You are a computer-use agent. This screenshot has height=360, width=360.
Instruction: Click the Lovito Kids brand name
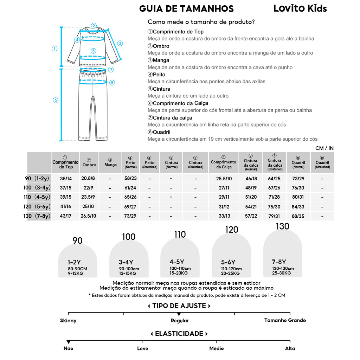(300, 8)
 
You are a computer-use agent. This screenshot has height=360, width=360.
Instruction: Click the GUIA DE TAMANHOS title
(186, 9)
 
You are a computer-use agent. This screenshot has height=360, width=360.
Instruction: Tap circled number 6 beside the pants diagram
(56, 100)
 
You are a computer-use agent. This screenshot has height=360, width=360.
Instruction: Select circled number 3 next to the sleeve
(120, 44)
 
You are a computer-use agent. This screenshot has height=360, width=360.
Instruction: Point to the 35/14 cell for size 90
(65, 179)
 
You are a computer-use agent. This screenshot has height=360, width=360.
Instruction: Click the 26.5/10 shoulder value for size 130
(89, 216)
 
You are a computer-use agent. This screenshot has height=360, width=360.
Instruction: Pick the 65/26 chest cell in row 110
(130, 197)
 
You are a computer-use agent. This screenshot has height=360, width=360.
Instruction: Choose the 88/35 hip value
(298, 216)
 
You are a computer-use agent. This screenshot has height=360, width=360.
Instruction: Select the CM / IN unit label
(324, 148)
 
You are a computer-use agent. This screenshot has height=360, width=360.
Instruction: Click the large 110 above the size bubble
(180, 234)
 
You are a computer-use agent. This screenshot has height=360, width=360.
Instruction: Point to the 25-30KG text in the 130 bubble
(281, 273)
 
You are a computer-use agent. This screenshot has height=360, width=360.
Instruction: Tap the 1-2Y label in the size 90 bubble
(75, 262)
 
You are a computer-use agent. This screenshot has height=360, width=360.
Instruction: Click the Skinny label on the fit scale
(68, 321)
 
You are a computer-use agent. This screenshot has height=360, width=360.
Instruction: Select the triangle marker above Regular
(179, 314)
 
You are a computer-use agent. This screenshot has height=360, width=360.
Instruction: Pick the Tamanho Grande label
(285, 320)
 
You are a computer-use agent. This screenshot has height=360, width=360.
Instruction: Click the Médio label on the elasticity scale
(217, 348)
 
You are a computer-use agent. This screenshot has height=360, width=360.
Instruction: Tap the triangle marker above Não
(69, 342)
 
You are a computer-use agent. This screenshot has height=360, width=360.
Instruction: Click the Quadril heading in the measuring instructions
(161, 132)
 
